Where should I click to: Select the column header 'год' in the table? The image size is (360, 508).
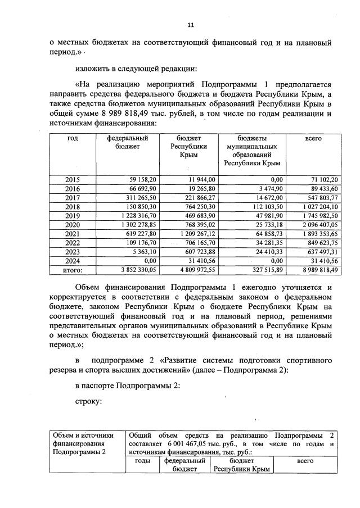pyautogui.click(x=73, y=138)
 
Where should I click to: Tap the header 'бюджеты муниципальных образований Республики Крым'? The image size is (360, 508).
pyautogui.click(x=251, y=150)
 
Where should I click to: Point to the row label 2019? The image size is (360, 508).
pyautogui.click(x=73, y=215)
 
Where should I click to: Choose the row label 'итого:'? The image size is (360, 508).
pyautogui.click(x=72, y=270)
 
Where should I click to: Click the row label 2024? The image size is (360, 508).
pyautogui.click(x=73, y=261)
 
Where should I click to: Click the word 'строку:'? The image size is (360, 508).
pyautogui.click(x=88, y=402)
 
